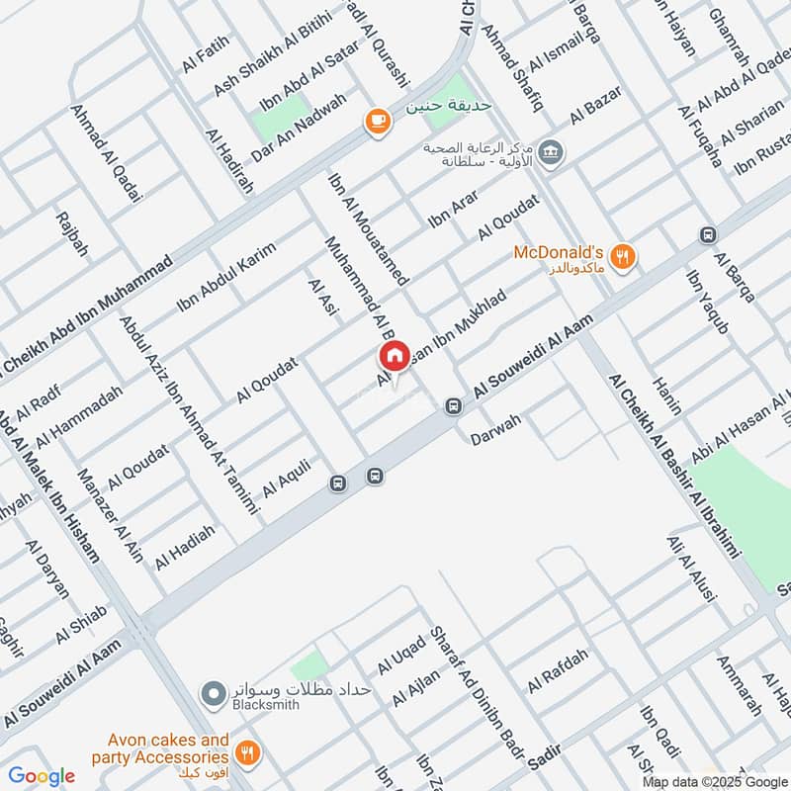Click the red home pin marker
[394, 357]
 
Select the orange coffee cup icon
[376, 121]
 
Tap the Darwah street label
[495, 424]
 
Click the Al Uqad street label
[401, 654]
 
